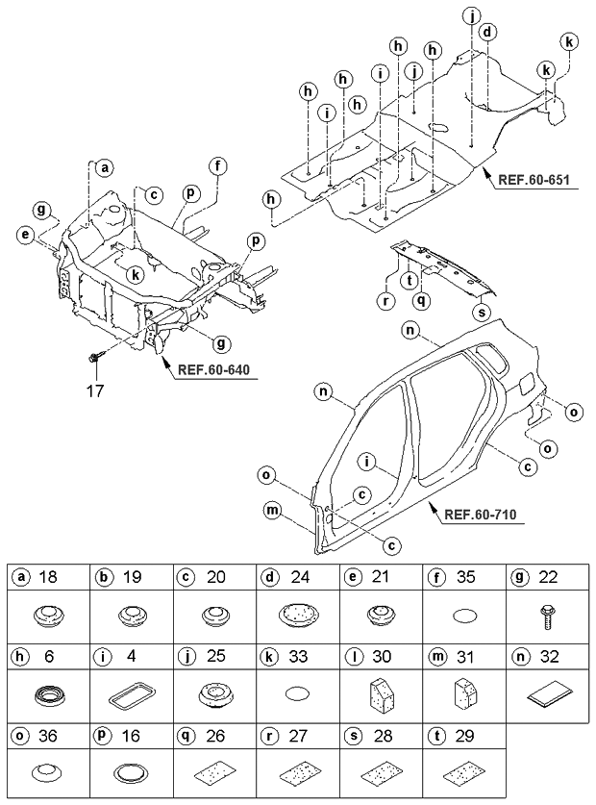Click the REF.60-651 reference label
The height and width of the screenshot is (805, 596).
pos(533,180)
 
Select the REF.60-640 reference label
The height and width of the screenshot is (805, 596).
pos(213,369)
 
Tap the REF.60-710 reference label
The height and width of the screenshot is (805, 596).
pos(480,514)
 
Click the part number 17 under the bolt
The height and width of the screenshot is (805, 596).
pos(95,391)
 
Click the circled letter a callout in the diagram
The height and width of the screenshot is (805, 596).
pos(105,168)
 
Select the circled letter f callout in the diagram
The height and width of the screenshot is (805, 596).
pos(218,165)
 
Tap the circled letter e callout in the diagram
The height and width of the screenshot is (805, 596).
pos(24,235)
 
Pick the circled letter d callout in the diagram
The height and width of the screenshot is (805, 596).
pos(487,33)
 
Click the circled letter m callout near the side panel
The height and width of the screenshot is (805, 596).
pos(271,510)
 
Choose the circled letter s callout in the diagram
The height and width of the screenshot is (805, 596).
pos(483,312)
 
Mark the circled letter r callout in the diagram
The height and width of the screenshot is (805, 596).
pos(385,301)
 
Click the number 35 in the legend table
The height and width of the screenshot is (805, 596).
pos(465,577)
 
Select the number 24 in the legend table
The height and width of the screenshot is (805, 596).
pos(300,577)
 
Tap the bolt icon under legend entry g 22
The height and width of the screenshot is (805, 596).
pos(547,615)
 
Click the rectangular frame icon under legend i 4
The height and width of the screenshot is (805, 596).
pos(132,695)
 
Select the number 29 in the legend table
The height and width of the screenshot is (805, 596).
pos(465,736)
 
